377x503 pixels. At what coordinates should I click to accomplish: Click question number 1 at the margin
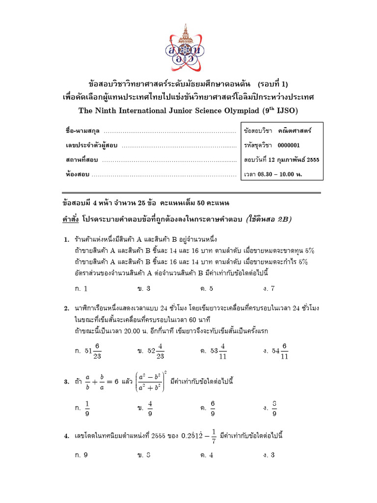point(66,240)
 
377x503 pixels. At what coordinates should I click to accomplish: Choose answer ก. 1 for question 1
point(81,288)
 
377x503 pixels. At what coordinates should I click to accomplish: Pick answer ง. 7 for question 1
point(269,288)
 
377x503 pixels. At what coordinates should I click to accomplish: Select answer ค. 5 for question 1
point(207,288)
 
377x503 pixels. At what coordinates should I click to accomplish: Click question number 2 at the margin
point(66,308)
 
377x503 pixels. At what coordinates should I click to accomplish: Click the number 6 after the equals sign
point(116,381)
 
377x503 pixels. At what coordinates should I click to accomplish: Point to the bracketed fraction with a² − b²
point(150,381)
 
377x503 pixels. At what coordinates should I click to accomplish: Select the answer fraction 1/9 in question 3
point(87,408)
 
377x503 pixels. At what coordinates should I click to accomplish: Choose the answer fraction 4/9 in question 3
point(150,408)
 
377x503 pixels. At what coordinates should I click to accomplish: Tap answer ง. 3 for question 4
point(269,455)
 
